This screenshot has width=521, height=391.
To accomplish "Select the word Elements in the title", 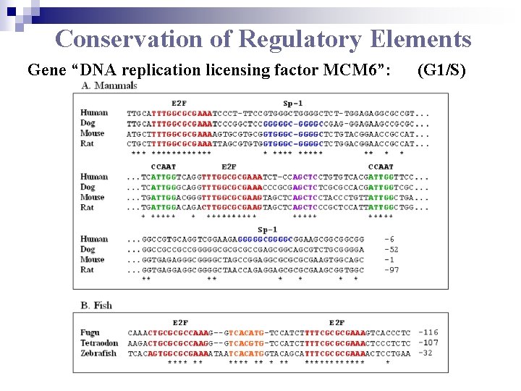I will pos(420,38).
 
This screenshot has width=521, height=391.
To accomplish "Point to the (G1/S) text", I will pos(441,71).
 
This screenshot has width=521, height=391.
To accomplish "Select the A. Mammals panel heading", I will pos(109,86).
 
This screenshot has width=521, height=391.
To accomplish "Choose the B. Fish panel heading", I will pos(96,306).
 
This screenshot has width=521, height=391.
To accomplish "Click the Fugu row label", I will pos(90,332).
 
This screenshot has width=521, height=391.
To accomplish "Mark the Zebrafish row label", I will pos(98,353).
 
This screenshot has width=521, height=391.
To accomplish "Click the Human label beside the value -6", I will pos(94,239).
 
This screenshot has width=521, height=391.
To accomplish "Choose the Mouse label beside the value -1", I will pos(93,259).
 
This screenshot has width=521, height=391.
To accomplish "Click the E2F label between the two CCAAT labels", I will pos(229,167).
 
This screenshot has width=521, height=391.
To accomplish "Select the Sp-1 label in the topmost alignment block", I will pos(293,103).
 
